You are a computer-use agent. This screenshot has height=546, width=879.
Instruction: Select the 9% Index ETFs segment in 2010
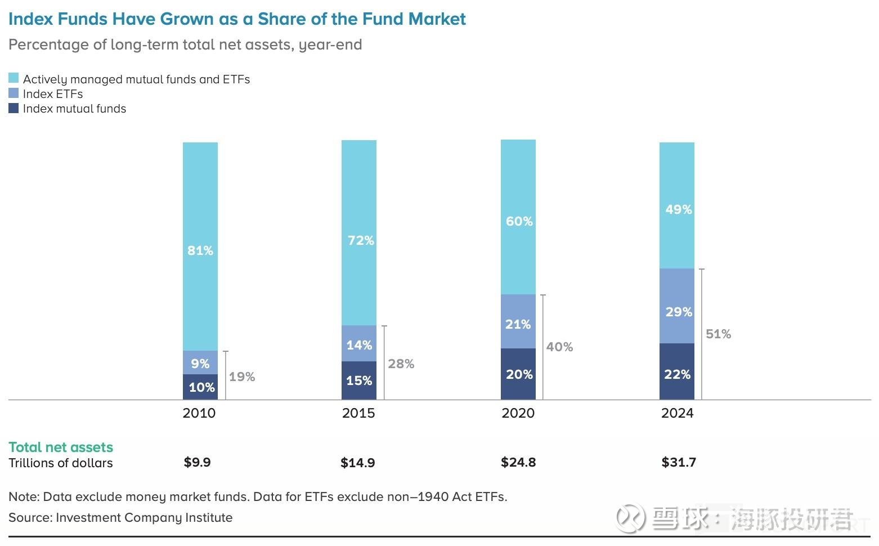tap(200, 363)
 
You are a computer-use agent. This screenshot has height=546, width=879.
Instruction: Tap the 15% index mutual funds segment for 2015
tap(359, 381)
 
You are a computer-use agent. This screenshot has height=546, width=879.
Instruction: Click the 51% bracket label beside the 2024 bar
tap(719, 334)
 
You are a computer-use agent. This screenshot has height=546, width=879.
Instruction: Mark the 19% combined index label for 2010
tap(242, 377)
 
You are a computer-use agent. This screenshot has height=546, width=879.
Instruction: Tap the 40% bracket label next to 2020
tap(559, 347)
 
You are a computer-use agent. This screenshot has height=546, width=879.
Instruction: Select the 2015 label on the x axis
tap(358, 413)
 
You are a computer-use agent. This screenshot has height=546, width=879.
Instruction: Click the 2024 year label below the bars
tap(677, 413)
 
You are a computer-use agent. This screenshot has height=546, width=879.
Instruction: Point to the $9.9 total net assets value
tap(197, 462)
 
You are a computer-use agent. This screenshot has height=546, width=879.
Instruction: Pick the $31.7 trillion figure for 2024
tap(679, 462)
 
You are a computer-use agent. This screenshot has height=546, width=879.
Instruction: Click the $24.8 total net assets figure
tap(518, 462)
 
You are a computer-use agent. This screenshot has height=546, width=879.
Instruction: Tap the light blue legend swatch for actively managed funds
tap(14, 78)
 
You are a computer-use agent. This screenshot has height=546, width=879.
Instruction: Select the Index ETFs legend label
tap(53, 94)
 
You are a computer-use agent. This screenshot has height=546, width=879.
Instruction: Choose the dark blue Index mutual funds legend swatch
tap(14, 108)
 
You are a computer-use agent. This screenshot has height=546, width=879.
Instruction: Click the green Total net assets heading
tap(61, 447)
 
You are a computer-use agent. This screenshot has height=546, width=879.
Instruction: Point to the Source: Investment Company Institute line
tap(120, 517)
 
